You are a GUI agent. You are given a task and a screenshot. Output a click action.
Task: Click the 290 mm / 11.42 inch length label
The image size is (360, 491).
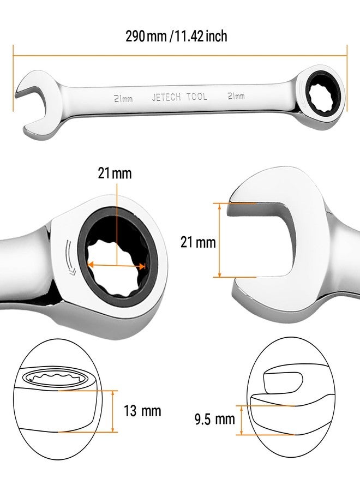pyautogui.click(x=176, y=37)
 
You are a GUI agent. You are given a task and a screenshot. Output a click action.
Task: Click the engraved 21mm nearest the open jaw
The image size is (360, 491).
pyautogui.click(x=123, y=98)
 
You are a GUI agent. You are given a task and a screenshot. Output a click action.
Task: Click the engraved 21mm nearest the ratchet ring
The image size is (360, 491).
pyautogui.click(x=235, y=95)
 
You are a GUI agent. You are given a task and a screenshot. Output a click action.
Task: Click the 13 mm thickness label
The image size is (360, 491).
pyautogui.click(x=143, y=411)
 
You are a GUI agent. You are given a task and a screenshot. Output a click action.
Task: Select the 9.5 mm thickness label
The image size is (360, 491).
pyautogui.click(x=214, y=420)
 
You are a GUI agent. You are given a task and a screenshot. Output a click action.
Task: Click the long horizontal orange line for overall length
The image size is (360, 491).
pyautogui.click(x=180, y=54)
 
